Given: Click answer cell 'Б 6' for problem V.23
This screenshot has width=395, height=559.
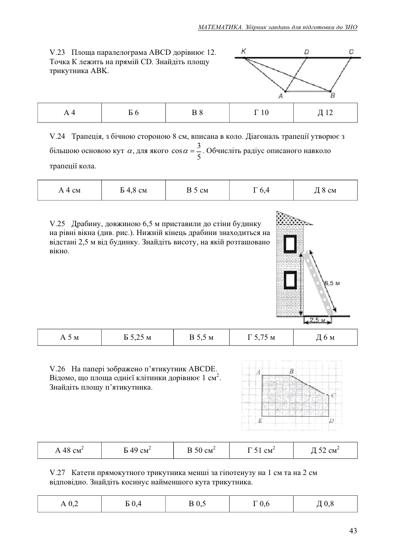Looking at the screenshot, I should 133,113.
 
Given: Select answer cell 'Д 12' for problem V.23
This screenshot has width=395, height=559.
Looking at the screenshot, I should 325,113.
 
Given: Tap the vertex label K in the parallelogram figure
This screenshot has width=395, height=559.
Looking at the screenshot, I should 244,51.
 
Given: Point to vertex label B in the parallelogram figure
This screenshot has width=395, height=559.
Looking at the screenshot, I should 332,95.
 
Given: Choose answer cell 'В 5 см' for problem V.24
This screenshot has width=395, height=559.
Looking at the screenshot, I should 197,190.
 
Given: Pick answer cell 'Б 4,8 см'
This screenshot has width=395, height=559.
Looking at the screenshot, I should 133,190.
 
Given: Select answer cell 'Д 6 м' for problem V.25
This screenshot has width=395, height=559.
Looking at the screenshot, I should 325,338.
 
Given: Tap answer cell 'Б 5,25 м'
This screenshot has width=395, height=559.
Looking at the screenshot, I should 137,338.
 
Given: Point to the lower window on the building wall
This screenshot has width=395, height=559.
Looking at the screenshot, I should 290,280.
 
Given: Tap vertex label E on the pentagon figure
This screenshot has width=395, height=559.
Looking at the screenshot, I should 260,421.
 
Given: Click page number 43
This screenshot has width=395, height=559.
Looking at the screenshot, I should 353,531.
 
